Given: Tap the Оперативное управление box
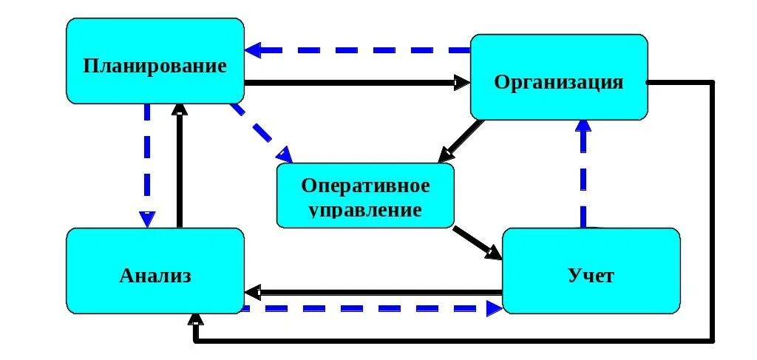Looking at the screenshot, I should (x=365, y=196).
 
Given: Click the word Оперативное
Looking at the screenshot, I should (x=365, y=185).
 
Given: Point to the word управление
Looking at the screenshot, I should (x=365, y=208).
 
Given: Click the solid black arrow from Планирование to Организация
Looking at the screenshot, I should (x=355, y=82).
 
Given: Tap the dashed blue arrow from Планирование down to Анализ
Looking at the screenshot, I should (x=148, y=163).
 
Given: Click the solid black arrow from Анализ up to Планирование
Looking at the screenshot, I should (x=178, y=166).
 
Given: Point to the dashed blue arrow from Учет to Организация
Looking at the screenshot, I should (x=584, y=174).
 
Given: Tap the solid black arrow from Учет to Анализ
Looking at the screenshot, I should (x=373, y=291).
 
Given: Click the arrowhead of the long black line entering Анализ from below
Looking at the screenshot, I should (x=195, y=321).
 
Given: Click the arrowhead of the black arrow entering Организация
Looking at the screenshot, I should (x=462, y=82).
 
